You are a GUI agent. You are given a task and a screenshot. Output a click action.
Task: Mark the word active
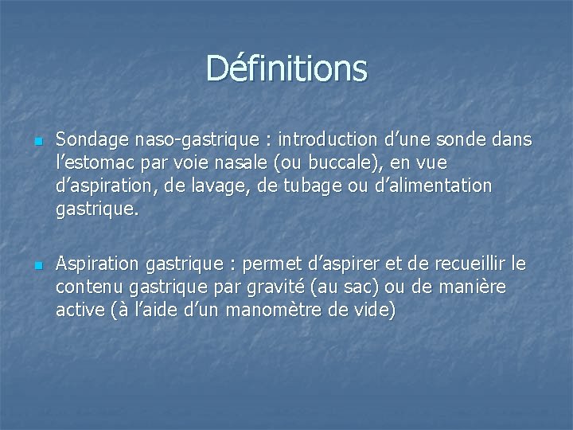[x=80, y=310]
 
